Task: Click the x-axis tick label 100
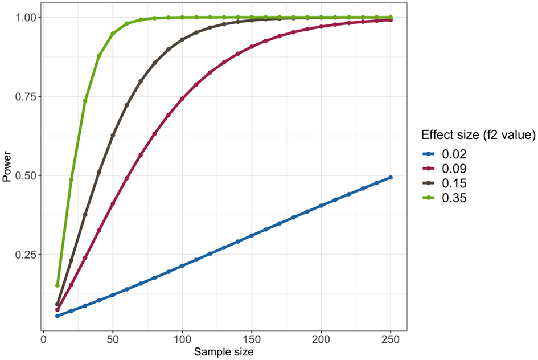coord(182,338)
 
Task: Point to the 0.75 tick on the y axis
coord(26,96)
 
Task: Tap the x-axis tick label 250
coord(391,338)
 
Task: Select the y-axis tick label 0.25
coord(26,255)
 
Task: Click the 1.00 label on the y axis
coord(26,18)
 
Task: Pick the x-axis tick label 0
coord(43,338)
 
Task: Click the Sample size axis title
coord(224,352)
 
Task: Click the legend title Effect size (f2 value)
coord(478,135)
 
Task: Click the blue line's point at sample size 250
coord(391,177)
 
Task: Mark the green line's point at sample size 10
coord(58,285)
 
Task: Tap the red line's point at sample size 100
coord(182,99)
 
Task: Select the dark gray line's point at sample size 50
coord(113,135)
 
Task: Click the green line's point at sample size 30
coord(85,101)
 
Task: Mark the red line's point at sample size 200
coord(321,26)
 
